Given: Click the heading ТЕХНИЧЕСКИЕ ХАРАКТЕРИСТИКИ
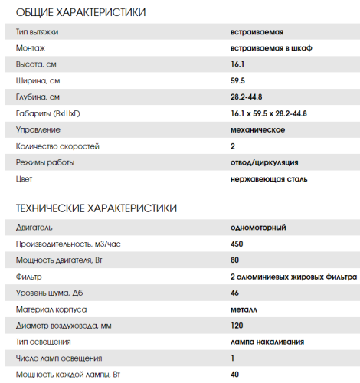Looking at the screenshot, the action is pyautogui.click(x=96, y=208).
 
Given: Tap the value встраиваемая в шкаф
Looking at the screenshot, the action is pyautogui.click(x=270, y=48).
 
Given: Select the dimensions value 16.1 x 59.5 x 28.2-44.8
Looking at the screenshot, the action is pyautogui.click(x=268, y=113).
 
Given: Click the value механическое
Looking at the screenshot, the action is pyautogui.click(x=258, y=129).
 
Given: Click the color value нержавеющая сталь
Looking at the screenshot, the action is pyautogui.click(x=269, y=178).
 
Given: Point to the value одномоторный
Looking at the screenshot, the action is pyautogui.click(x=258, y=228).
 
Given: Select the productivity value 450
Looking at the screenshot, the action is pyautogui.click(x=237, y=244).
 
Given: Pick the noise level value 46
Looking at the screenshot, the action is pyautogui.click(x=234, y=293).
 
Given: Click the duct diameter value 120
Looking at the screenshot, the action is pyautogui.click(x=237, y=326).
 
